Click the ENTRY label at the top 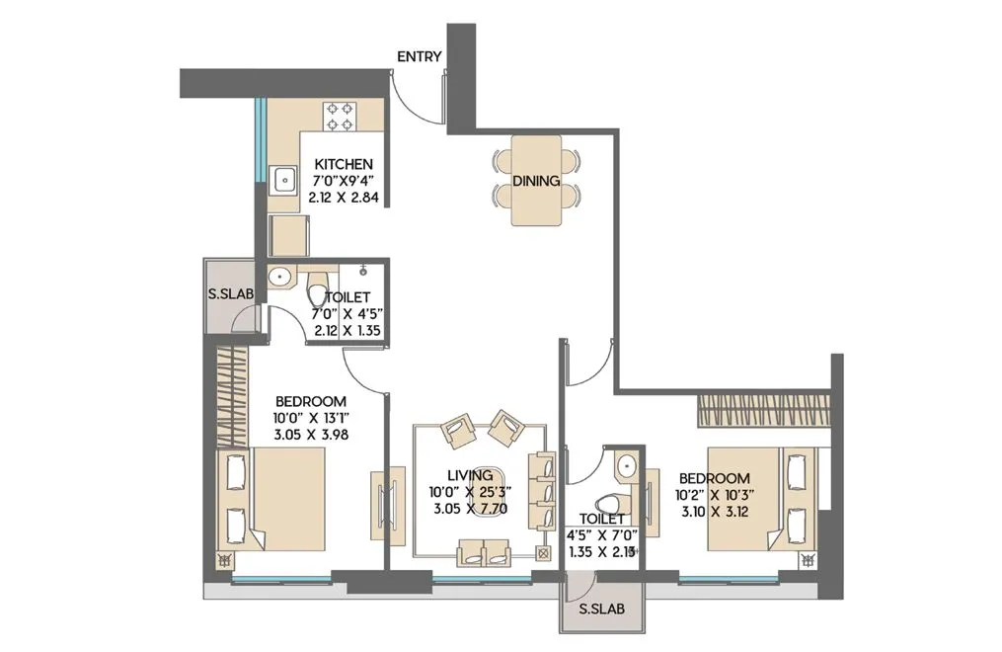click(419, 57)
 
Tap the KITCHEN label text click(343, 164)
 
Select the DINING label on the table click(536, 182)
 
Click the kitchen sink click(284, 180)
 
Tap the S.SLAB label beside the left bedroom click(228, 294)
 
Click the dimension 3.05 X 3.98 click(311, 434)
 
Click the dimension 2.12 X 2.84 click(343, 198)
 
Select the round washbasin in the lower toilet click(625, 464)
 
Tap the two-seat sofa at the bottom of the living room click(485, 553)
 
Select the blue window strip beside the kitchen click(260, 138)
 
